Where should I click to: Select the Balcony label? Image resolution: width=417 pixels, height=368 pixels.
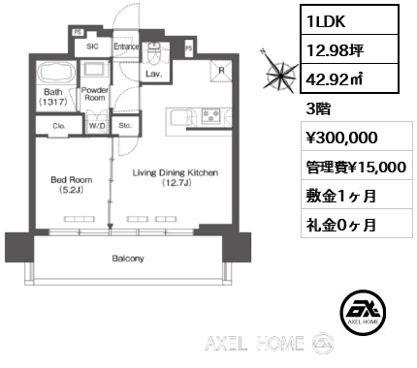point(127,258)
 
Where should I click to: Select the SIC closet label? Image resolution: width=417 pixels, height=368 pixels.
point(93,46)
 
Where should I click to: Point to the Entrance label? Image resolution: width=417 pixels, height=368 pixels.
point(126,46)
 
